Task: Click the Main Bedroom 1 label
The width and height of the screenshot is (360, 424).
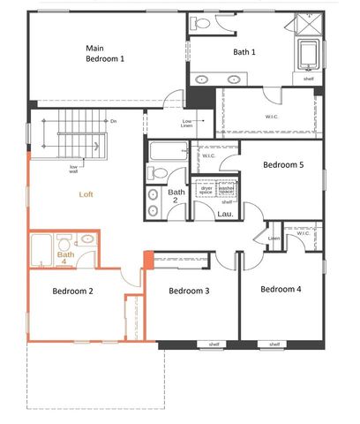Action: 105,53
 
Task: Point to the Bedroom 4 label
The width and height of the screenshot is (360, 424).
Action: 281,289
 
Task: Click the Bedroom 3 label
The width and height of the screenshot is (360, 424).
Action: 189,291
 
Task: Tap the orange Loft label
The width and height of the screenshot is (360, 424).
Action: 86,193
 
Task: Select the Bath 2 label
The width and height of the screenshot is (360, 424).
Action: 176,196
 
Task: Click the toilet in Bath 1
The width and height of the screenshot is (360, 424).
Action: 199,24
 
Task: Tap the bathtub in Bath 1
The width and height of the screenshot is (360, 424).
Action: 309,55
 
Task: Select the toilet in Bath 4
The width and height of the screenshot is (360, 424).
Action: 64,242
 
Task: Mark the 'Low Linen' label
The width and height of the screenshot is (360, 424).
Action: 188,123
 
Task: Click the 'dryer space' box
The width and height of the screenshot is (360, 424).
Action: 206,189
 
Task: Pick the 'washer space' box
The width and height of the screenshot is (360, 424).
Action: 226,189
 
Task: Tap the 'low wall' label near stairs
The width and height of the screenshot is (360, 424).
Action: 75,168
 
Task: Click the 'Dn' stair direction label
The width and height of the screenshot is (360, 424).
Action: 113,120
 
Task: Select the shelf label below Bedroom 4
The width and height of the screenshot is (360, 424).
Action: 274,344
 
